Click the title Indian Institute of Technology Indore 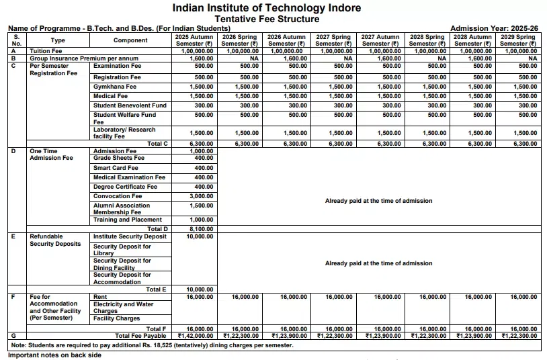click(266, 8)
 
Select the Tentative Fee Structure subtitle click(267, 19)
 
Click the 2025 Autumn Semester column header click(194, 40)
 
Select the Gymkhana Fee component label click(117, 87)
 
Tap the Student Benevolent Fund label click(130, 105)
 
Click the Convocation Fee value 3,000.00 click(202, 196)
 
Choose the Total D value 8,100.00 click(202, 229)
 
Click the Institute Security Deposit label click(130, 236)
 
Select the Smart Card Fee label click(116, 168)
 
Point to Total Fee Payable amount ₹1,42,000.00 click(195, 334)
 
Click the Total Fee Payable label click(140, 334)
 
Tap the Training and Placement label click(127, 220)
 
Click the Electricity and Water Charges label click(123, 308)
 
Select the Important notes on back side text click(54, 355)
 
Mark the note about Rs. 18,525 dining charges click(153, 345)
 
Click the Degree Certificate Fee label click(125, 187)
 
